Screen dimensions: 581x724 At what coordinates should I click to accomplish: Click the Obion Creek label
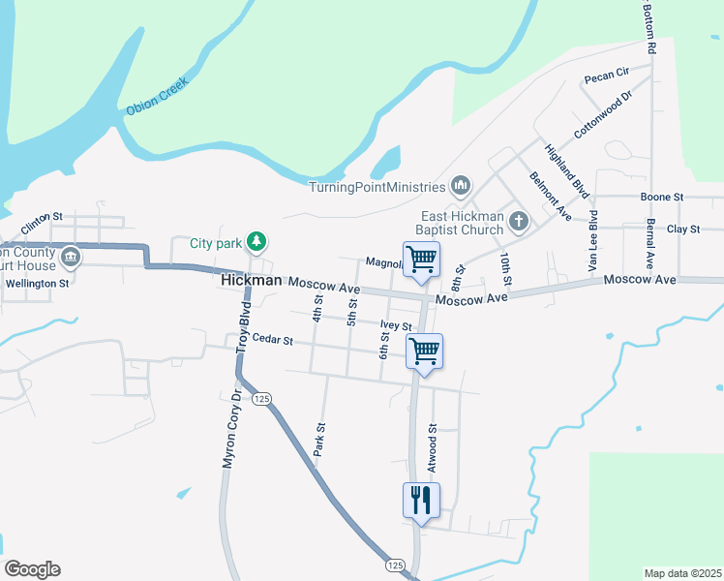156,97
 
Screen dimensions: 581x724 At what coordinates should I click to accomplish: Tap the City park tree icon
256,241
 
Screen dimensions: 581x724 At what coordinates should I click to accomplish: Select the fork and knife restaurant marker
421,501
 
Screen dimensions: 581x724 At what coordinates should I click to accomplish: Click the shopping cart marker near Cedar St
425,352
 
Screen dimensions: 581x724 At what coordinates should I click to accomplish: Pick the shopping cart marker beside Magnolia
421,260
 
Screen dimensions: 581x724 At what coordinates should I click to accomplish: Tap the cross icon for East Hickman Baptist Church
519,223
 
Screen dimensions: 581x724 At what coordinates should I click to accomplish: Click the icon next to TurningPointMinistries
461,185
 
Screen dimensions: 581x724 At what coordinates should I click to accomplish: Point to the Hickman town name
252,280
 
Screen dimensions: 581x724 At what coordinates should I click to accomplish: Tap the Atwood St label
433,444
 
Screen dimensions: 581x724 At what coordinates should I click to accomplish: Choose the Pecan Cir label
606,73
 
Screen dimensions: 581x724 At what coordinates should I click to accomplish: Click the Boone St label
662,197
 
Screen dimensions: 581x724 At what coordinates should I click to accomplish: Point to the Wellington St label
38,285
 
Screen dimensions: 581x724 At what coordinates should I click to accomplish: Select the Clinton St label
42,221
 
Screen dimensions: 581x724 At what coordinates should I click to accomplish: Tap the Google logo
32,569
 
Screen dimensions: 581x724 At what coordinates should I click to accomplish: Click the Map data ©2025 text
681,573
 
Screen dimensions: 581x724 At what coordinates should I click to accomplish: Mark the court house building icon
70,258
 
